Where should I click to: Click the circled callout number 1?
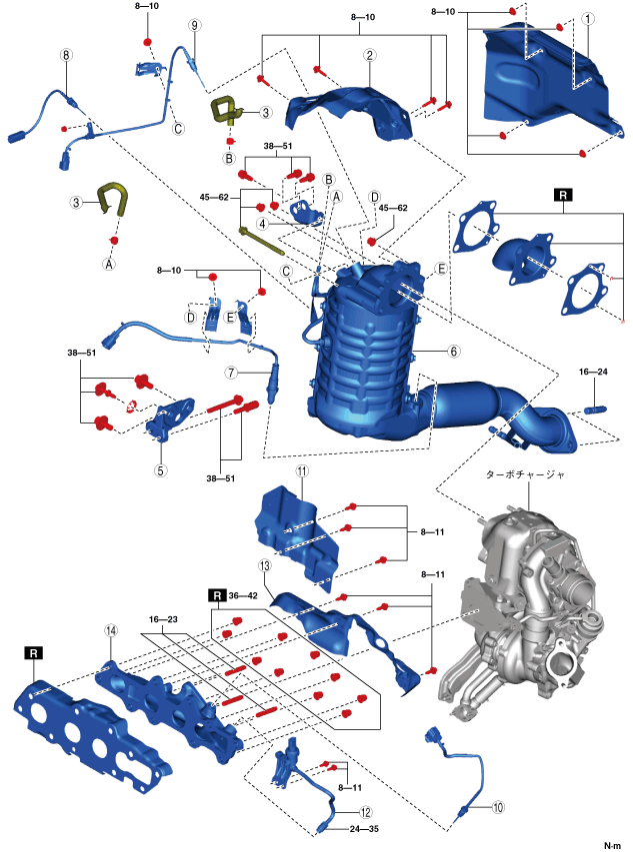589,19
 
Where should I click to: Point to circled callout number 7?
231,373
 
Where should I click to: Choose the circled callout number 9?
195,25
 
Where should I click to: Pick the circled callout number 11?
301,471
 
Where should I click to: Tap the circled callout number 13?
265,567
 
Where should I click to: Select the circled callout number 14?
111,631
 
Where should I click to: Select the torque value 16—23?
166,618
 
